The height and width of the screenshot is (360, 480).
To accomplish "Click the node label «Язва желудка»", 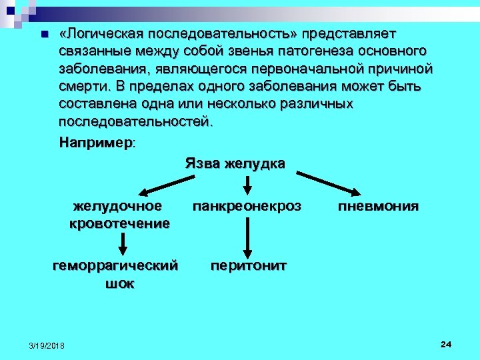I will click(x=235, y=163).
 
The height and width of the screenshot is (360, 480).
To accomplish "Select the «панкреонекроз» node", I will click(x=247, y=206).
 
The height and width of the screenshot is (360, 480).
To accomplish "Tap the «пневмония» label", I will click(x=378, y=206).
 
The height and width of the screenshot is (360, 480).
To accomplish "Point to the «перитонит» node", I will click(x=249, y=265).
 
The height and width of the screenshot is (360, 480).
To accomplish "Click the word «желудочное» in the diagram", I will click(x=118, y=206).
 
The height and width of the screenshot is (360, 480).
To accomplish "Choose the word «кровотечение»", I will click(x=119, y=223).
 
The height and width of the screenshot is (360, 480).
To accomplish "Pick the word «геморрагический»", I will click(x=115, y=265).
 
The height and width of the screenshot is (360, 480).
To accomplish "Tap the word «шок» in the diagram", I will click(x=119, y=283).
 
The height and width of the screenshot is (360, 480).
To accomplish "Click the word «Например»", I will click(x=95, y=143).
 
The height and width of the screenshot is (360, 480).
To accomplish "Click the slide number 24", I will click(x=446, y=344).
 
